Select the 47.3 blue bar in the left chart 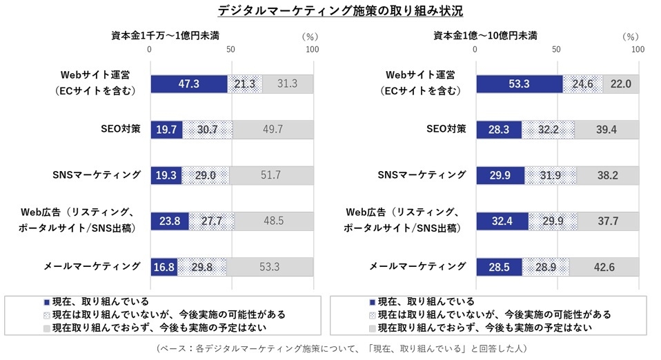point(188,84)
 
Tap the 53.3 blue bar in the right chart point(519,84)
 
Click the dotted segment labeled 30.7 point(207,130)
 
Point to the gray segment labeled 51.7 point(270,175)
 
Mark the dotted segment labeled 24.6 point(582,84)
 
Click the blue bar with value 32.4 point(502,221)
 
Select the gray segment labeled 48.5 point(273,221)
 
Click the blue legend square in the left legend point(47,302)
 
